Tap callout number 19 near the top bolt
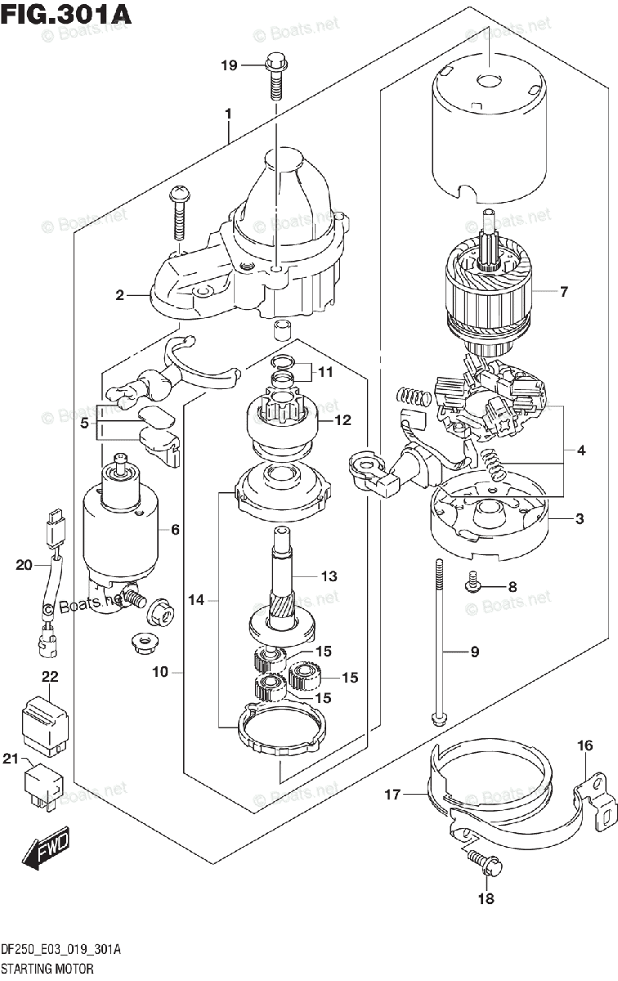[229, 65]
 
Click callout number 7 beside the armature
[562, 292]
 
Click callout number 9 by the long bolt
[474, 652]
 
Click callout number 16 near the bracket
[584, 745]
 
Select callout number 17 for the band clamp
[392, 794]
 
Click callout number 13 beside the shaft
[328, 576]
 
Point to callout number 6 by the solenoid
[174, 530]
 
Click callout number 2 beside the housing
[120, 295]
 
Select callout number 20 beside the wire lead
[24, 564]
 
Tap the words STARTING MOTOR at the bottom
[47, 968]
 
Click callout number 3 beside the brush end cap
[579, 518]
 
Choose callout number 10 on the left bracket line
[160, 672]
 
